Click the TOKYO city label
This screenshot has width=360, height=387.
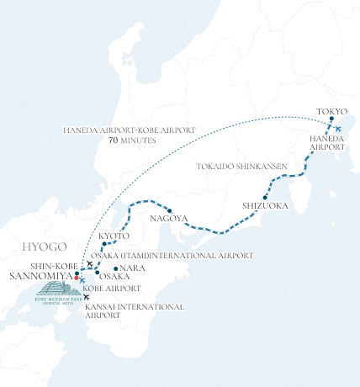point(331,111)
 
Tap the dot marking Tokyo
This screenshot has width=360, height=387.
point(332,119)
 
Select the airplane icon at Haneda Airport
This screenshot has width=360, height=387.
point(337,130)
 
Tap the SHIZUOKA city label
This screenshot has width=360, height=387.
point(265,204)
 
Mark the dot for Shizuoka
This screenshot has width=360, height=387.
point(265,197)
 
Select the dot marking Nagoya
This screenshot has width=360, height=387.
point(169,210)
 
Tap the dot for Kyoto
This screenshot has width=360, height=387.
point(114,245)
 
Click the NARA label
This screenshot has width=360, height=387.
point(133,268)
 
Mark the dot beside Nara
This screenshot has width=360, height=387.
point(115,268)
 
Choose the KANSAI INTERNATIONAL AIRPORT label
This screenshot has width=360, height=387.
point(135,310)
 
